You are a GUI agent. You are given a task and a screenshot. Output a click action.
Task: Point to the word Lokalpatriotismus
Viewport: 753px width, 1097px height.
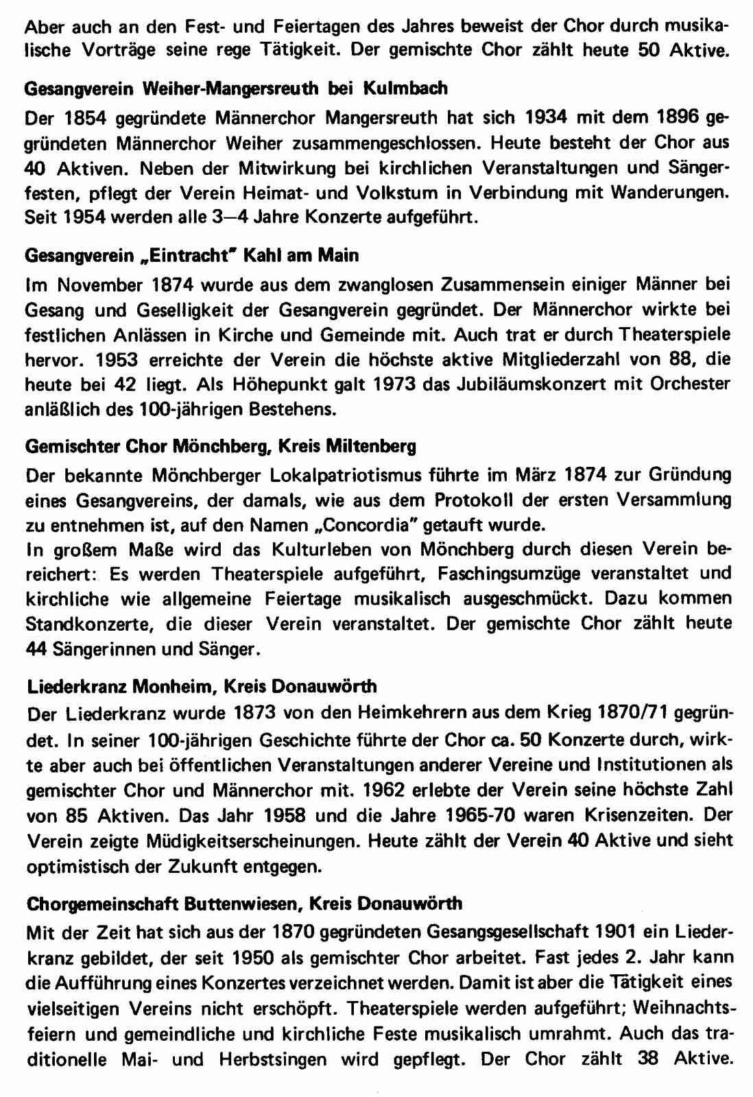[322, 475]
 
